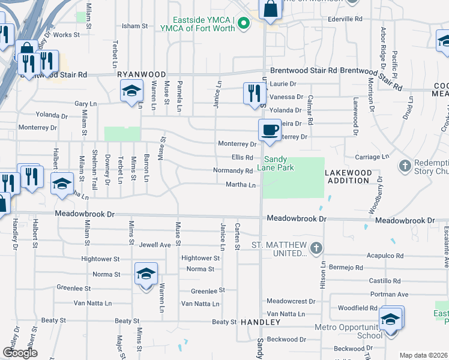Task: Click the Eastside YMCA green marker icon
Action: pyautogui.click(x=243, y=25)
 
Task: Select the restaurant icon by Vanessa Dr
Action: pyautogui.click(x=255, y=93)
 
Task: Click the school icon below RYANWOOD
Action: pyautogui.click(x=131, y=91)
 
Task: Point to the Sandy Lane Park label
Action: pyautogui.click(x=280, y=163)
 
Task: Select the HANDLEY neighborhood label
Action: pyautogui.click(x=261, y=322)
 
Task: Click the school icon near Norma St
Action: pyautogui.click(x=146, y=275)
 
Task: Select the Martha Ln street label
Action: pyautogui.click(x=241, y=185)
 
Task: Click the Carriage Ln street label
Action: pyautogui.click(x=373, y=157)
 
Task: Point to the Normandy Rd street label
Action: pyautogui.click(x=233, y=171)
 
